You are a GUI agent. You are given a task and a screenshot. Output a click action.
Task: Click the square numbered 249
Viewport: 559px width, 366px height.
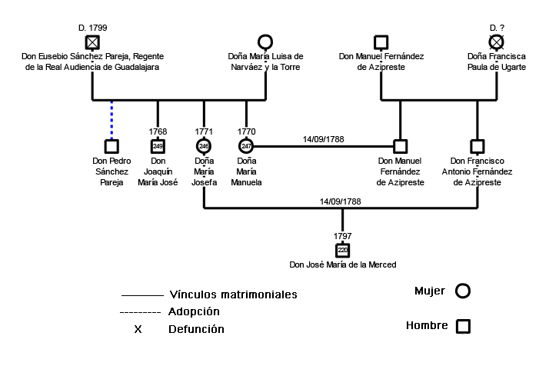pyautogui.click(x=158, y=145)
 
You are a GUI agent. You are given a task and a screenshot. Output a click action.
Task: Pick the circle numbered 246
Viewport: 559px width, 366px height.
pyautogui.click(x=204, y=145)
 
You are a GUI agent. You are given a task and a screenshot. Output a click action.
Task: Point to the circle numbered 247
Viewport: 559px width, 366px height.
pyautogui.click(x=247, y=145)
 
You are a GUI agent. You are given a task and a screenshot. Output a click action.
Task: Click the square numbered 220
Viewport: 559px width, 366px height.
pyautogui.click(x=343, y=250)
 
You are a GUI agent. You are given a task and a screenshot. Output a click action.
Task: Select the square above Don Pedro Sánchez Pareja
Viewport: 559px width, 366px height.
pyautogui.click(x=111, y=145)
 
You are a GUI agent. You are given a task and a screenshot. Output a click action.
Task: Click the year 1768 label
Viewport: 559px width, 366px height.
pyautogui.click(x=158, y=131)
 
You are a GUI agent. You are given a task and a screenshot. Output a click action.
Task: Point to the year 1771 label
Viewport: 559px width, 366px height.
pyautogui.click(x=204, y=131)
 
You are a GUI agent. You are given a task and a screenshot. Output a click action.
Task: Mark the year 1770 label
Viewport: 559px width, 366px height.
pyautogui.click(x=247, y=131)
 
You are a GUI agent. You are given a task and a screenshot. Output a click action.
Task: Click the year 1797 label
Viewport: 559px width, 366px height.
pyautogui.click(x=343, y=235)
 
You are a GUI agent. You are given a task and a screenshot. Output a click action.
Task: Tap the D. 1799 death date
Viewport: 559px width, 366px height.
pyautogui.click(x=92, y=27)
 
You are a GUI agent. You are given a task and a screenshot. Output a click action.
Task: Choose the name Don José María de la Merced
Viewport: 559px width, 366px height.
pyautogui.click(x=342, y=265)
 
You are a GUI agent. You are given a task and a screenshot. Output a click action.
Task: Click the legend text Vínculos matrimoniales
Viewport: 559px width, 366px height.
pyautogui.click(x=232, y=294)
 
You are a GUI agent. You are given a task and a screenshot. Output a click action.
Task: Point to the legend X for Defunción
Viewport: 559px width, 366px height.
pyautogui.click(x=138, y=329)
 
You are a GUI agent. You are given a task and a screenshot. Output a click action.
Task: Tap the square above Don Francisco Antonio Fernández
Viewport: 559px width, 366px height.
pyautogui.click(x=477, y=145)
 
